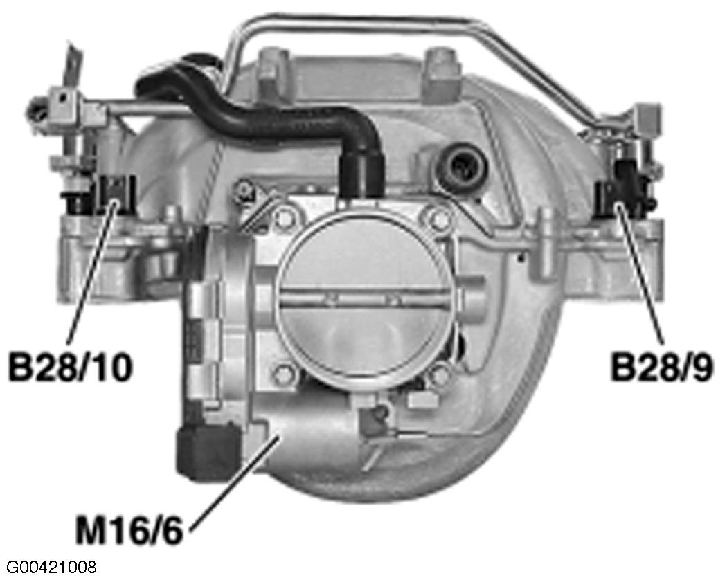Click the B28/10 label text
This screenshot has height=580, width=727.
pos(69,367)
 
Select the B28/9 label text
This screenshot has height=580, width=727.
pos(661,367)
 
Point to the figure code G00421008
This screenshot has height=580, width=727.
pos(48,568)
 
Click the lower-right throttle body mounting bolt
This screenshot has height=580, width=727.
pos(436,377)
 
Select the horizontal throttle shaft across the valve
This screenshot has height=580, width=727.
pos(360,299)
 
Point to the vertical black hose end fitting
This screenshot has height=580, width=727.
pos(361,173)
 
